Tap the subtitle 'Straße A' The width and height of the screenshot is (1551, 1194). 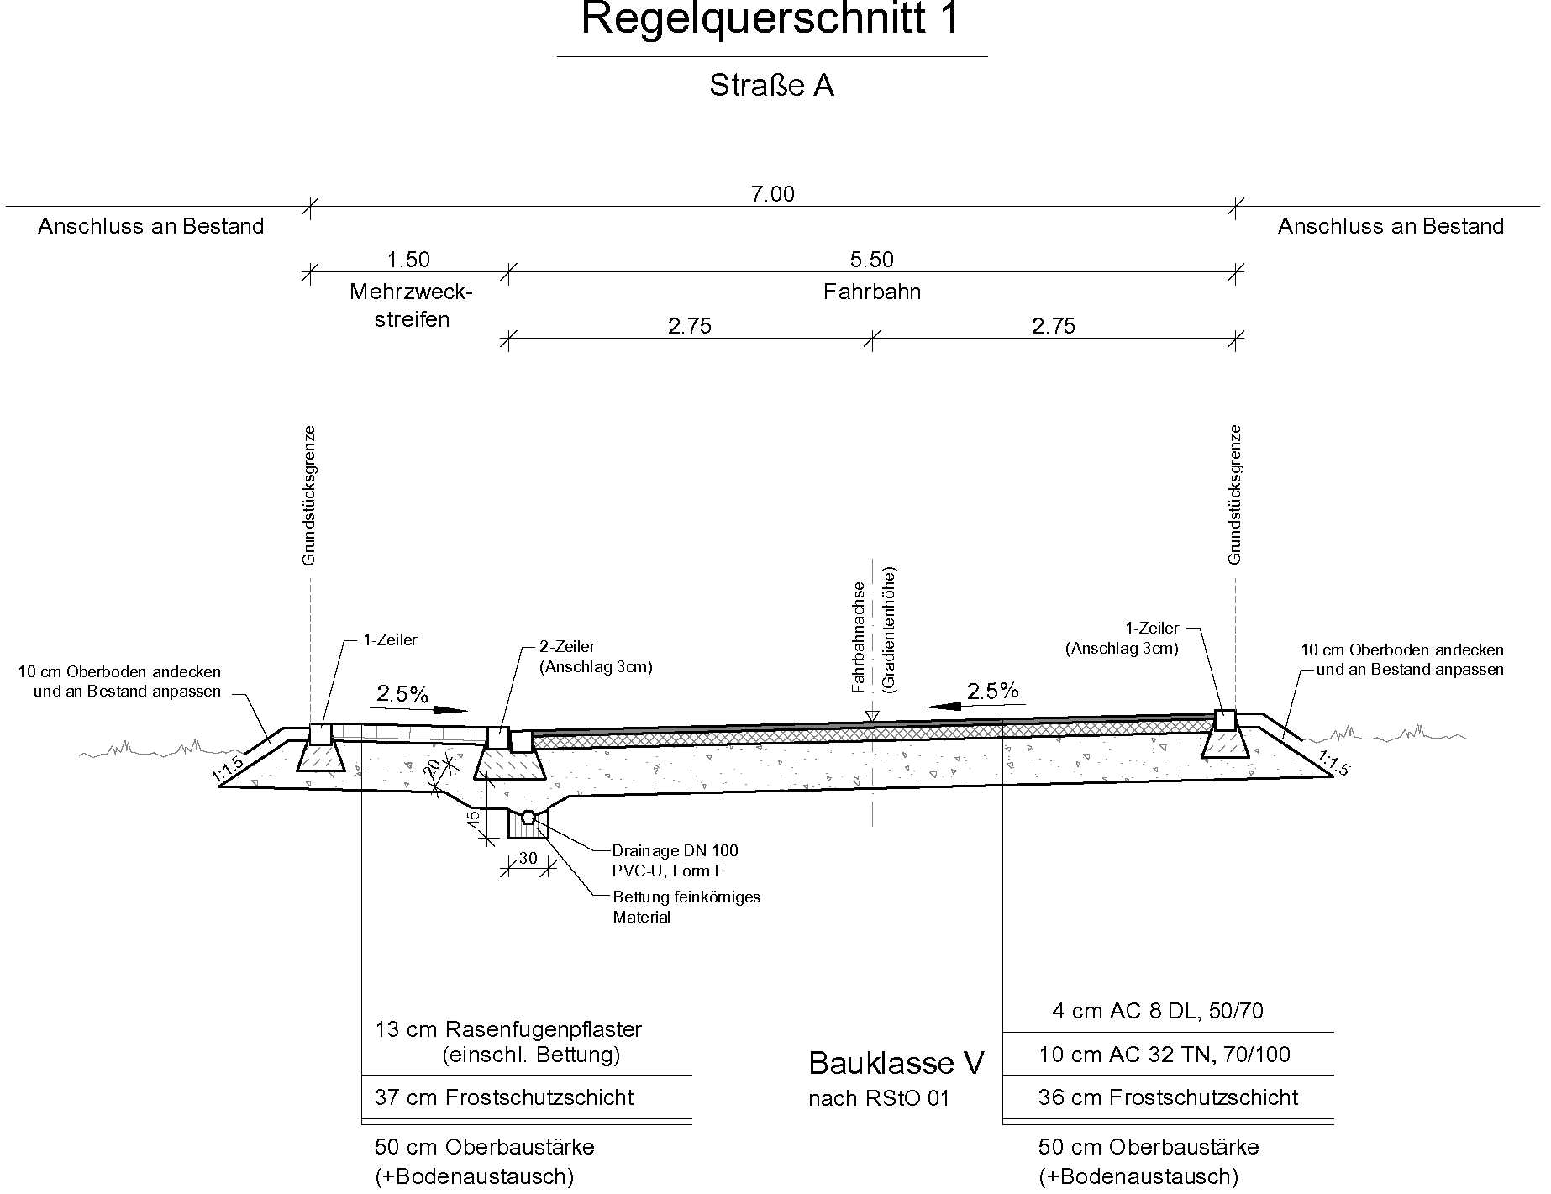point(771,86)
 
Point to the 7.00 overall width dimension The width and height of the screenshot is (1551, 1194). point(772,194)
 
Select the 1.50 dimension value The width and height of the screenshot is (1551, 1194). point(408,260)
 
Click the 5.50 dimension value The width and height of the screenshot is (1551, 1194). point(872,260)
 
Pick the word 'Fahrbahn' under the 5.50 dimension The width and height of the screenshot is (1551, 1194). point(872,292)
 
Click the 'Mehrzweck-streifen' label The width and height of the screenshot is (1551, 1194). point(412,305)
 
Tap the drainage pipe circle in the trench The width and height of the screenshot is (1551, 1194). point(528,818)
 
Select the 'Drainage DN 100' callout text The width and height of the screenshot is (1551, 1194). point(675,851)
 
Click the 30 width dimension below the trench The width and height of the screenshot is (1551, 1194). point(528,858)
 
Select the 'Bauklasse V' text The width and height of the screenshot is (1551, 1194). point(896,1064)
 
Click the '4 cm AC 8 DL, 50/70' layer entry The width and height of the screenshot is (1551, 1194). point(1158,1011)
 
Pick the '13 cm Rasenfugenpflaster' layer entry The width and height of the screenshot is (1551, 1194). point(508,1029)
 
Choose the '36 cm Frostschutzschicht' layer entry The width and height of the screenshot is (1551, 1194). point(1168,1097)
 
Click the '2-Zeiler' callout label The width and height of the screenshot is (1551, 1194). point(567,647)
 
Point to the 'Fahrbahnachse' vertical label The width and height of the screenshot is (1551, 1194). point(858,637)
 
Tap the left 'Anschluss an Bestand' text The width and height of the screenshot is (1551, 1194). point(151,226)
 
